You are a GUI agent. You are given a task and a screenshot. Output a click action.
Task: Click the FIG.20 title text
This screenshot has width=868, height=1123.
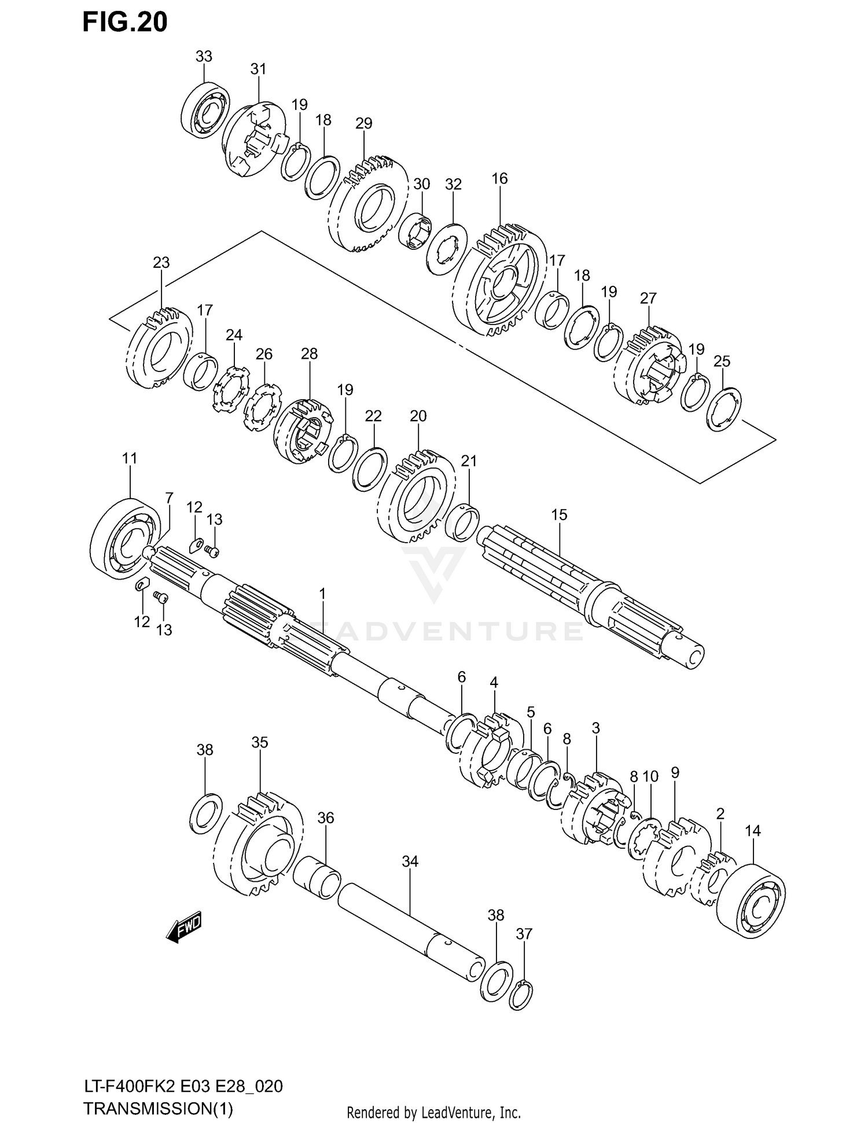click(125, 22)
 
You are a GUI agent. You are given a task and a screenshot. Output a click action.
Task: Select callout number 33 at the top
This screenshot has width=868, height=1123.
click(204, 57)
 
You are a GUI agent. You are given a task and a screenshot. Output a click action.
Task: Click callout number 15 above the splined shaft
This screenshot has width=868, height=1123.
click(559, 514)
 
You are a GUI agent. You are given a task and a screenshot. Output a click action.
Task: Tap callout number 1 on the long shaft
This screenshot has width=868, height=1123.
click(322, 594)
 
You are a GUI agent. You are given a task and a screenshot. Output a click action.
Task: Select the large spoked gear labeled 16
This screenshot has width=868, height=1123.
click(499, 281)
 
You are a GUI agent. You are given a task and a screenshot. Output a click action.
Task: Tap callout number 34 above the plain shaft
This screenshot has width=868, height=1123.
click(410, 861)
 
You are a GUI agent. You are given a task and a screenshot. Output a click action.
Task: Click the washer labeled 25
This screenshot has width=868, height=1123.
click(724, 410)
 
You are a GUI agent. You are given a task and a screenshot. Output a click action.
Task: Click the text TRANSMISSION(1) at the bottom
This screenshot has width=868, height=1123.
click(158, 1109)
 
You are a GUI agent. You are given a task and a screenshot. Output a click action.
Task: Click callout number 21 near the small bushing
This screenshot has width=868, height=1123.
click(469, 461)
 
